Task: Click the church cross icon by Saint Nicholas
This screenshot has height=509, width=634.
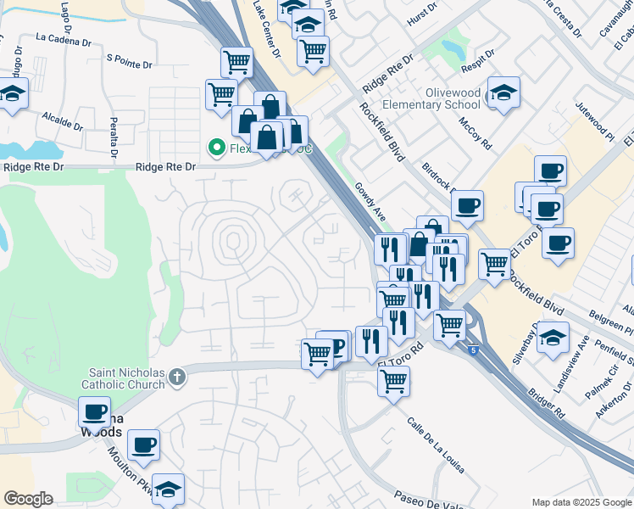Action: tap(177, 376)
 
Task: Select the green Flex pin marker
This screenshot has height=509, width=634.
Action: tap(217, 148)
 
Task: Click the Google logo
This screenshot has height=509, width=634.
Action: tap(28, 499)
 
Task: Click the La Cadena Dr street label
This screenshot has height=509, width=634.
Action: tap(64, 38)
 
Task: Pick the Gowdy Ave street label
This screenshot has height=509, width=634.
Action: tap(370, 202)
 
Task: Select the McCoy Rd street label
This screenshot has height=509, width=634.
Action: tap(475, 132)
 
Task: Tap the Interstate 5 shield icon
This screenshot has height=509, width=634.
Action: tap(472, 348)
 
